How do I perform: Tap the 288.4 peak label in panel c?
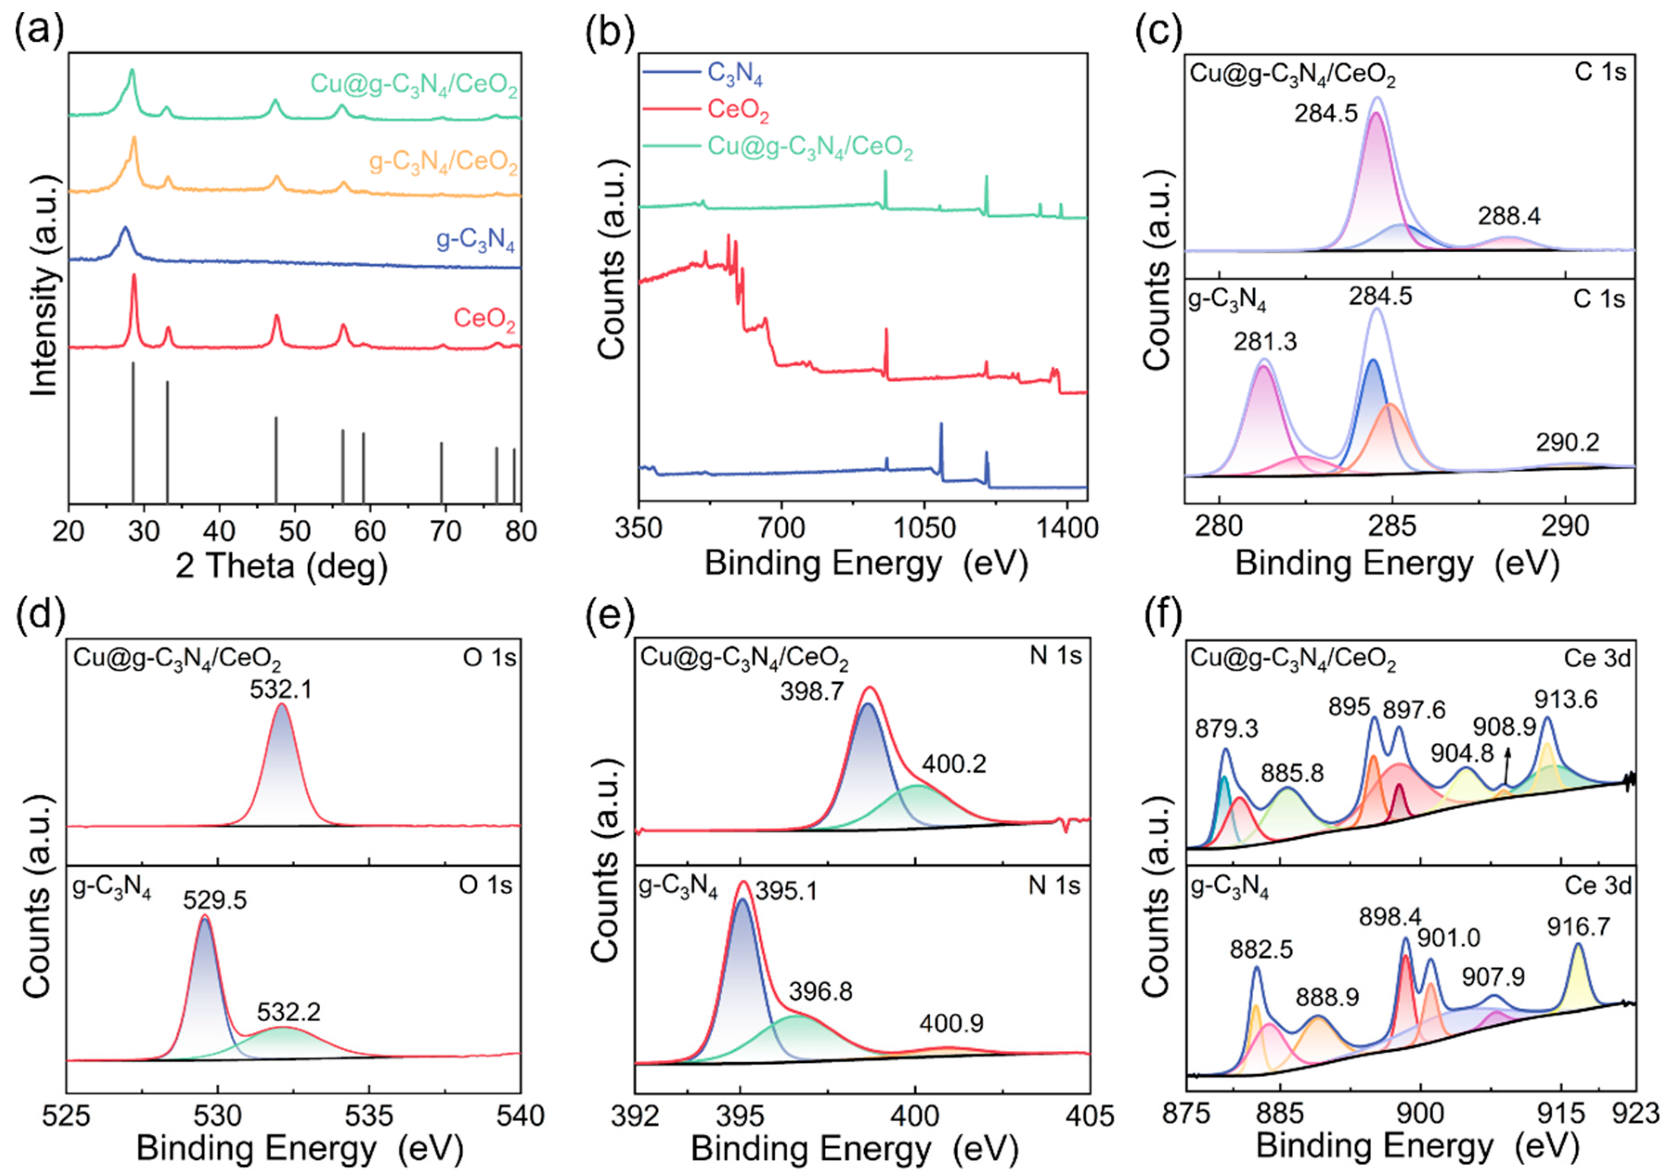1509,216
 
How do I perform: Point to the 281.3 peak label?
1265,342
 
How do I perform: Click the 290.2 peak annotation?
1567,442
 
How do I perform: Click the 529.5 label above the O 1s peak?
215,901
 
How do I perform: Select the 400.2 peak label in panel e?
954,764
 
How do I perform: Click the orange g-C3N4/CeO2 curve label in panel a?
444,161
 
